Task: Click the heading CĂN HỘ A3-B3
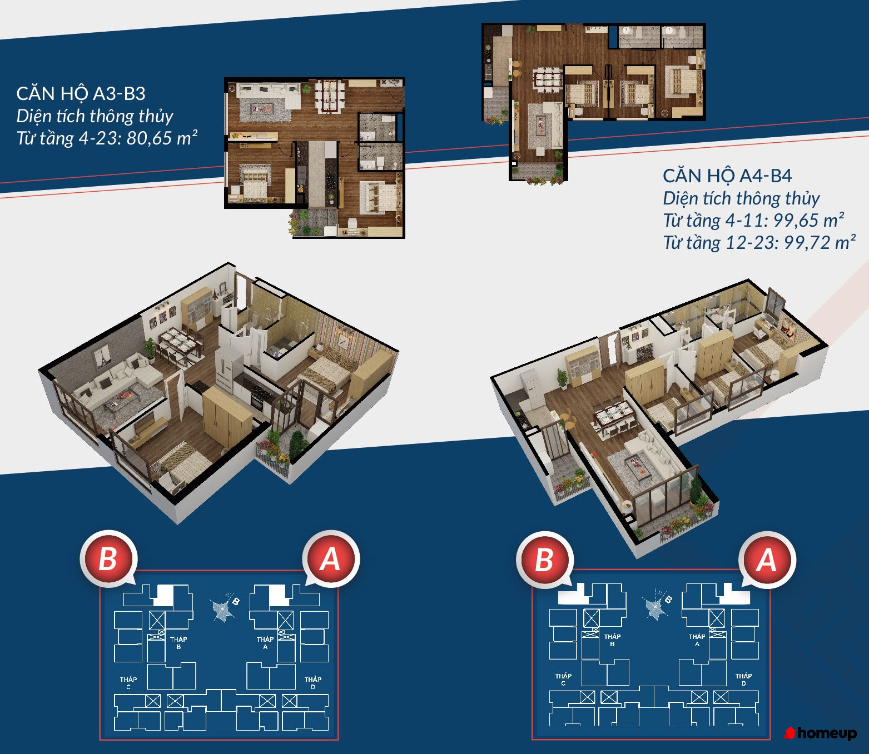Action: click(x=81, y=94)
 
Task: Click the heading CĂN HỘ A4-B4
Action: click(x=727, y=176)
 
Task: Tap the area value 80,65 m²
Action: click(x=162, y=138)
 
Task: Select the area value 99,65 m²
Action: click(x=808, y=220)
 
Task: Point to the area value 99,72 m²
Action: click(x=820, y=242)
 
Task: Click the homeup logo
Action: click(x=820, y=733)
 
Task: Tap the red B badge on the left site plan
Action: click(x=108, y=559)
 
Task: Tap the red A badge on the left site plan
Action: click(x=330, y=559)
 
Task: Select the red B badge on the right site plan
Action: click(x=544, y=560)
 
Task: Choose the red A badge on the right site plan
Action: click(x=767, y=560)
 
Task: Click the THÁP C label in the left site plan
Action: click(x=128, y=683)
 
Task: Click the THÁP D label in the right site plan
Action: click(x=744, y=680)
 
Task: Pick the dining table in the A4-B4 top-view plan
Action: click(x=548, y=79)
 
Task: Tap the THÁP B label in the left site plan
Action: click(x=178, y=642)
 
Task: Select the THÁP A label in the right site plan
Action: click(x=697, y=640)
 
